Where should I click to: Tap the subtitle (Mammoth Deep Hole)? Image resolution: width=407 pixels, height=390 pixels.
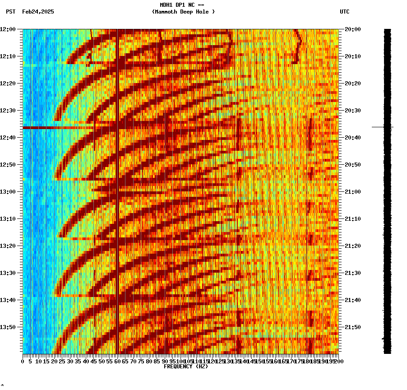(x=183, y=12)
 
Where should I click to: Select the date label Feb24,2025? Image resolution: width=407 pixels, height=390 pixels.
(x=38, y=12)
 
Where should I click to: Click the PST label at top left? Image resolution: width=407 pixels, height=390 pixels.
(x=11, y=12)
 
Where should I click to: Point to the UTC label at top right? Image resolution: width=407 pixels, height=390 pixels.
(x=345, y=12)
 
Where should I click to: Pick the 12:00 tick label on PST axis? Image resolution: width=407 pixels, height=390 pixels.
(x=8, y=29)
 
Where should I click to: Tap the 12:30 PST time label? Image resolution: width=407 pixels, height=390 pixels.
(x=8, y=111)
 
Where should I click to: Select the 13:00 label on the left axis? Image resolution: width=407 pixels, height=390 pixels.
(x=8, y=192)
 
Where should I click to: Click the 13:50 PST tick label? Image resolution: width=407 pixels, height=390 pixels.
(x=8, y=327)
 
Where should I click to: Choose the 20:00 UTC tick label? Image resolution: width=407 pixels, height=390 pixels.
(x=352, y=29)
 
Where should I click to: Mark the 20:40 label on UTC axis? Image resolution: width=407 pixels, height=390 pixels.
(x=352, y=138)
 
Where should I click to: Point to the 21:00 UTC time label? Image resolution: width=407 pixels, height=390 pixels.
(x=352, y=192)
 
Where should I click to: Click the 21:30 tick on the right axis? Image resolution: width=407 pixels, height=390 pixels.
(x=352, y=273)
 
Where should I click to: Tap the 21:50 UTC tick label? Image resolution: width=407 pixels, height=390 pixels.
(x=352, y=327)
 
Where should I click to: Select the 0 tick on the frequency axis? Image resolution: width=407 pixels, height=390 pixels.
(x=23, y=362)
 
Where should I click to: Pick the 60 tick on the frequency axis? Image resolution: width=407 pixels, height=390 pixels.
(x=117, y=362)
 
